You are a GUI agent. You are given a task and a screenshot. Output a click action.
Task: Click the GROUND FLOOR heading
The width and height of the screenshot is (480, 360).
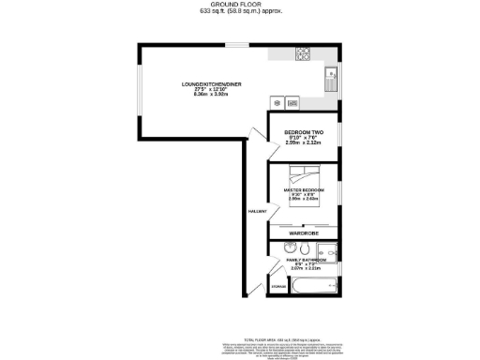[x=240, y=5]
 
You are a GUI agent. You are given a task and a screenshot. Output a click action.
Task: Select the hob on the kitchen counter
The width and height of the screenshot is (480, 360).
[x=304, y=54]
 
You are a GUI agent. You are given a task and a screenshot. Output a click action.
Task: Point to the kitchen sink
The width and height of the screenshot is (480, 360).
[x=331, y=80]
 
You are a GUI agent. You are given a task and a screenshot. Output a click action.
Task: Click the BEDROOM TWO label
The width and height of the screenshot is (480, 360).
[x=305, y=133]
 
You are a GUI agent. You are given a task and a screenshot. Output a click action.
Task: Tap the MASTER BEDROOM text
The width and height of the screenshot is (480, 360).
[x=305, y=190]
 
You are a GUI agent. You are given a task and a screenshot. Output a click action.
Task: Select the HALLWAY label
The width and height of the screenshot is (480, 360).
[x=258, y=212]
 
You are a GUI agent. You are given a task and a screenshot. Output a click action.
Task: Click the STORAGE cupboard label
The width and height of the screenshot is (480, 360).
[x=277, y=284]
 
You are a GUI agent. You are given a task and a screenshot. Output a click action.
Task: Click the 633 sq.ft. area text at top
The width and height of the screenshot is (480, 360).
[x=240, y=12]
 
